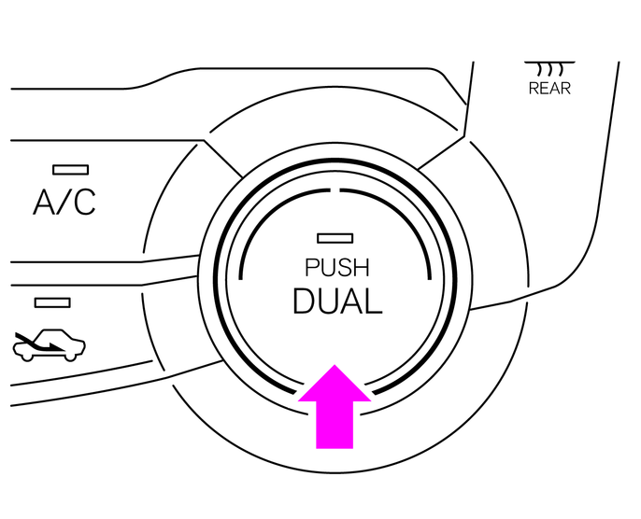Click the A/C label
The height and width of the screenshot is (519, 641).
64,202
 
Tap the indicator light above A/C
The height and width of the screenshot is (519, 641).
71,170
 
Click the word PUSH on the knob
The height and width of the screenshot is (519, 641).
336,268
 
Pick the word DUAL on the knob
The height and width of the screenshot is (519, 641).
336,302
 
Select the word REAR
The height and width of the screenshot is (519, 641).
549,89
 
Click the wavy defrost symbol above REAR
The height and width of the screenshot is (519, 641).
548,69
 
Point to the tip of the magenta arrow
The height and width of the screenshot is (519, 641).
335,368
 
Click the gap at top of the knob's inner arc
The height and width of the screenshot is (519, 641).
335,189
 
